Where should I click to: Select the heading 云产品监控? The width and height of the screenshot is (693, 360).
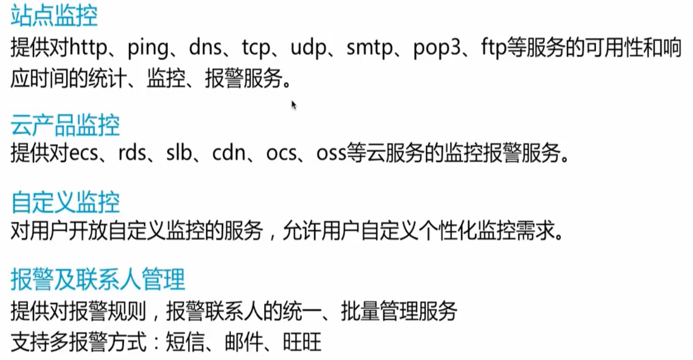pos(65,126)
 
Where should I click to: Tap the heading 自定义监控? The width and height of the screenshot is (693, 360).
pos(65,202)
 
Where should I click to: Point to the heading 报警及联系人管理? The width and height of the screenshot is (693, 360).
pos(98,279)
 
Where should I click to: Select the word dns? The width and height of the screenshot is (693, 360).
pos(205,48)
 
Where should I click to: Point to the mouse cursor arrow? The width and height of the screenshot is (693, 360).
pos(294,105)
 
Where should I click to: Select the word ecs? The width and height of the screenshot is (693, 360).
pos(85,154)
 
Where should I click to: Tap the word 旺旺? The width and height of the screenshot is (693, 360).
pos(302,342)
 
